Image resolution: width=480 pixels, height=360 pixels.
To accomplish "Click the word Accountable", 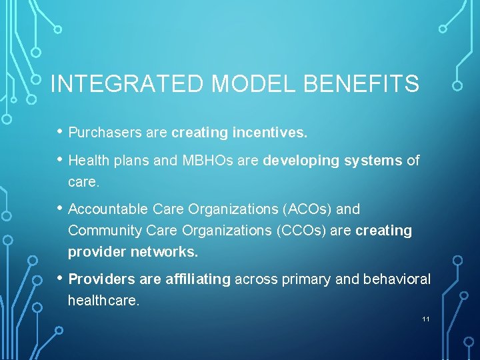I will (x=108, y=209).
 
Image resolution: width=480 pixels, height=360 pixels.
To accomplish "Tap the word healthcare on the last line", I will (x=103, y=301).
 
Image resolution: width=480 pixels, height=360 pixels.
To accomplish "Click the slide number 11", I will (x=425, y=319).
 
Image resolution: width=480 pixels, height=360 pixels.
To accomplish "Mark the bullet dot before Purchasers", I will (x=59, y=131).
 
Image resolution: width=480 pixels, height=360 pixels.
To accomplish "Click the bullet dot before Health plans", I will (x=59, y=159).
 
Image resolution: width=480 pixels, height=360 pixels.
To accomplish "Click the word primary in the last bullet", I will (x=310, y=279).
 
